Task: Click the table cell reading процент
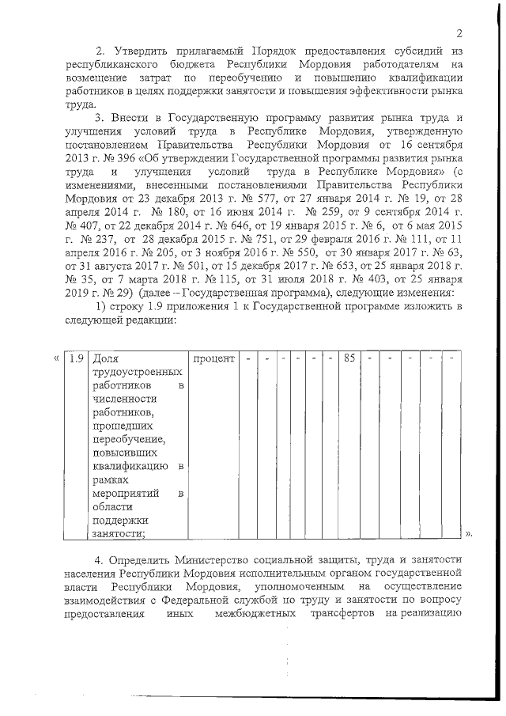point(213,358)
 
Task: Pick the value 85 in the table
point(348,358)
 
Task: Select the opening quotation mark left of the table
point(55,358)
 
